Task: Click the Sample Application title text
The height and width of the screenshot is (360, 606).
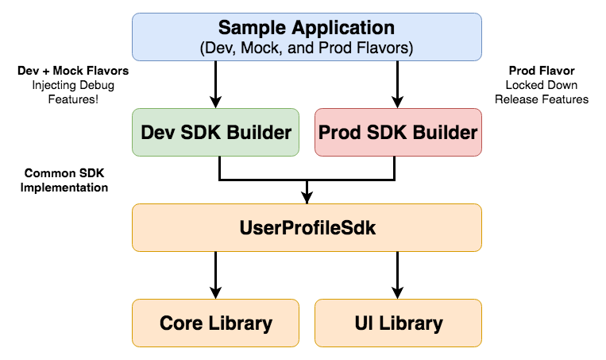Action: point(307,28)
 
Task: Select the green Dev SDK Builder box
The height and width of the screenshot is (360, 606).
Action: point(215,131)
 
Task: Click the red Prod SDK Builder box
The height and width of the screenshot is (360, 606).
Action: point(398,131)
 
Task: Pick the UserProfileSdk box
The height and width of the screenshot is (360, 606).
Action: point(307,228)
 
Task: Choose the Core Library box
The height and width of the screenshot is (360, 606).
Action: point(215,323)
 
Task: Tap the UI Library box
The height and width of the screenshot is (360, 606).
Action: point(398,323)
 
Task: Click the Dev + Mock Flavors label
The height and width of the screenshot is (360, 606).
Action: point(73,71)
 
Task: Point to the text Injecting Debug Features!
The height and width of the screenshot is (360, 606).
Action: point(73,92)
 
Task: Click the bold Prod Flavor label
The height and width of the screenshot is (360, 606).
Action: point(540,71)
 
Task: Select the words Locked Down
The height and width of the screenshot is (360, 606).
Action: point(541,85)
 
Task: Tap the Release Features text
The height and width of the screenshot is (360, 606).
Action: point(541,99)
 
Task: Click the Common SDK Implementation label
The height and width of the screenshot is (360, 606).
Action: point(67,180)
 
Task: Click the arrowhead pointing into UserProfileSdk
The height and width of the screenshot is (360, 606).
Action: point(307,198)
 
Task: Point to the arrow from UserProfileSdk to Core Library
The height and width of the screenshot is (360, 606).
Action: point(215,274)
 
